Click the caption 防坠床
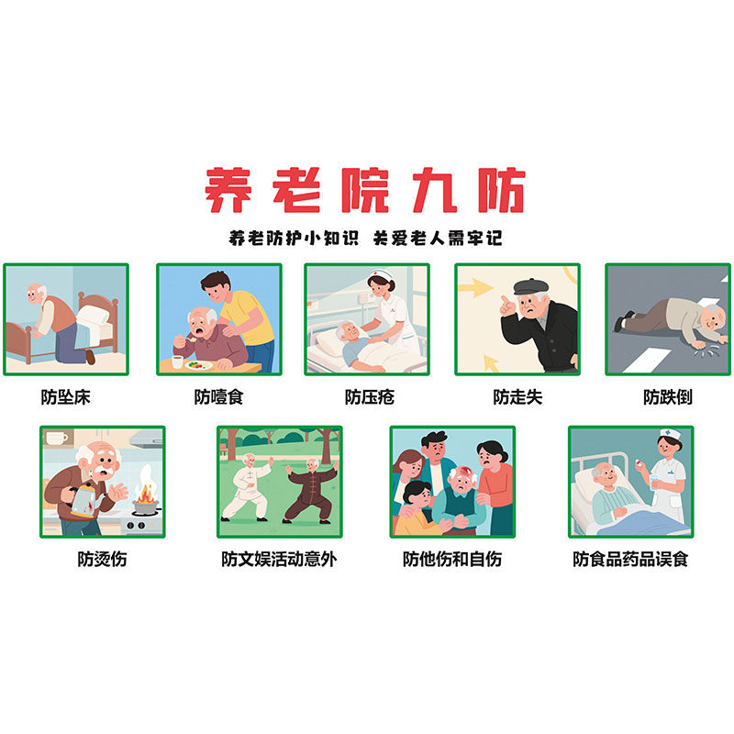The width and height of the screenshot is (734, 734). pos(66,397)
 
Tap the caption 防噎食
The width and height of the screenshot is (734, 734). pos(218,397)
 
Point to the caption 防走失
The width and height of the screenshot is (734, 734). pos(517,397)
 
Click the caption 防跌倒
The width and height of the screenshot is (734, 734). pos(667,397)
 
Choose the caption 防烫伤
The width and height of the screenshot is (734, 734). pos(102,558)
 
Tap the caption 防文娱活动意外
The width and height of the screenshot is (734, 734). pos(278,558)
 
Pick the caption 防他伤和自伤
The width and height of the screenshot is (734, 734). pos(451,558)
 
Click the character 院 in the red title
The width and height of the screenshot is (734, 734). pos(366,191)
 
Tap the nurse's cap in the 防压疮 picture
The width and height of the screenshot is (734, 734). pos(381,276)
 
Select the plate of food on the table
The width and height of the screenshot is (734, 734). pos(195,364)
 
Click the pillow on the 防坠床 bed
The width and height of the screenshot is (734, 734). pos(95,317)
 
